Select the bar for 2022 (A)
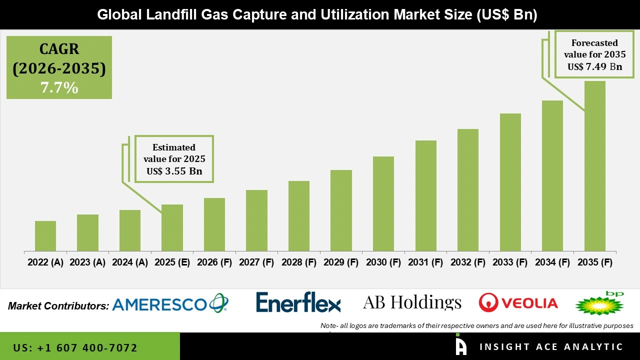[x=45, y=236]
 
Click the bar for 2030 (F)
[x=383, y=203]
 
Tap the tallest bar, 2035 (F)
[x=595, y=166]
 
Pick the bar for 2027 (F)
[x=256, y=220]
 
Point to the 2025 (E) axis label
[x=172, y=262]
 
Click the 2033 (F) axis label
[x=510, y=262]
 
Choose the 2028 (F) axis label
[x=299, y=262]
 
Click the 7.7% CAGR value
[x=59, y=88]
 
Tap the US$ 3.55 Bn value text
[x=174, y=171]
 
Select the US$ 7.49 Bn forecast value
[x=594, y=66]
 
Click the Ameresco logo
[x=170, y=303]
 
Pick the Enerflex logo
[x=298, y=303]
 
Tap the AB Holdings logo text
[x=412, y=302]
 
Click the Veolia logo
[x=518, y=303]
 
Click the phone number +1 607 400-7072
[x=75, y=347]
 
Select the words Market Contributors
[x=58, y=305]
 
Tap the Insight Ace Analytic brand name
[x=551, y=347]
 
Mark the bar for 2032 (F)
[x=468, y=190]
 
